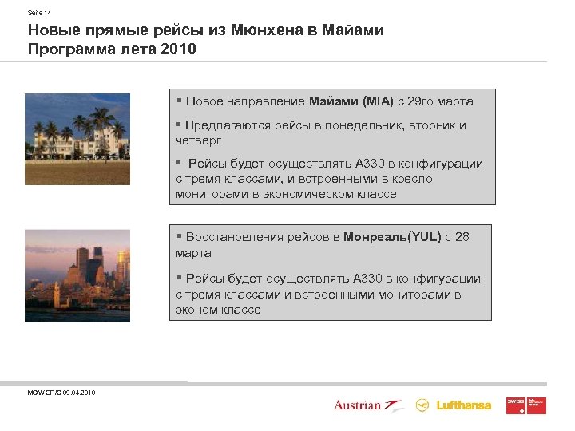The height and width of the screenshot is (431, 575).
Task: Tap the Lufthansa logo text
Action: click(464, 405)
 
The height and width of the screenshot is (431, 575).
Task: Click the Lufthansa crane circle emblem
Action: click(422, 405)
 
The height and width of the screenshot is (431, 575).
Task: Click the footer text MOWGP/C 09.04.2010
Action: click(61, 393)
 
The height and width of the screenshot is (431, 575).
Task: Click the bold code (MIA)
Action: click(379, 101)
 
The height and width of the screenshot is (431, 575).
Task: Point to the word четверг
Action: click(199, 140)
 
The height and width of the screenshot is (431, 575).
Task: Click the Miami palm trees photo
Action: click(77, 139)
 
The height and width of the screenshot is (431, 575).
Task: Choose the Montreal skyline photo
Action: click(77, 275)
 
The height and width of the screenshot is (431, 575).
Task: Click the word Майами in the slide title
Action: click(354, 30)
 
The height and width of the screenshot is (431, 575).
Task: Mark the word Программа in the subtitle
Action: click(72, 49)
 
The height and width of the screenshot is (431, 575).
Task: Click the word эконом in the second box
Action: click(198, 310)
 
